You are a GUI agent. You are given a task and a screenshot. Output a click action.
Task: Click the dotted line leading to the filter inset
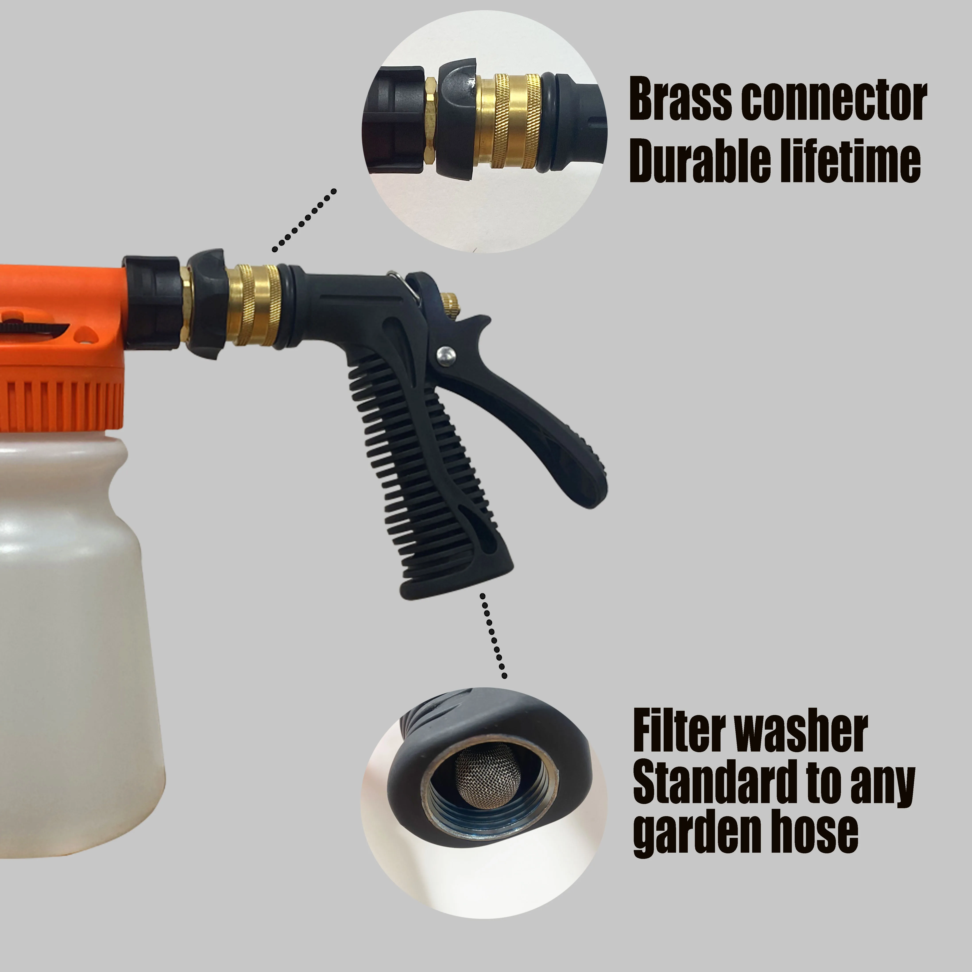[x=493, y=636]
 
